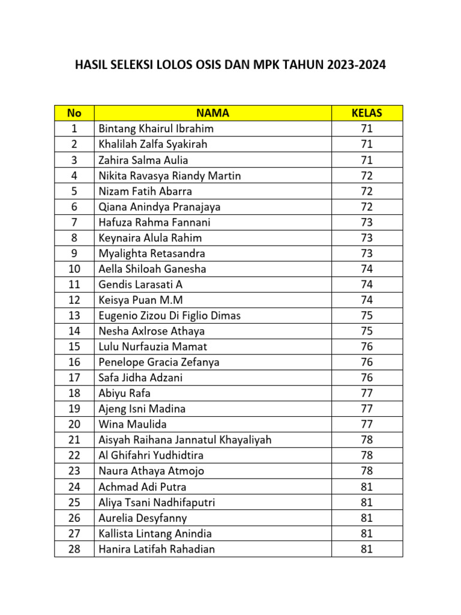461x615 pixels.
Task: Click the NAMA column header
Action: point(212,113)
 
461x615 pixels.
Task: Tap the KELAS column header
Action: point(367,113)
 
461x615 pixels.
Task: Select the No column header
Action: point(74,113)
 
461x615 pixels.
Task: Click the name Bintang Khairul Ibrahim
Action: point(156,129)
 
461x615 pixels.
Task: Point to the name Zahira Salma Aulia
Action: point(143,160)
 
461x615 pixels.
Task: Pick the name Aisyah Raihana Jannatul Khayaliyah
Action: point(185,440)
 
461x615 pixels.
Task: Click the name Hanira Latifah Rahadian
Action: point(157,548)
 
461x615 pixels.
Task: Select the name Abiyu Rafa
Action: point(124,393)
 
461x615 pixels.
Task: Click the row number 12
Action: point(74,300)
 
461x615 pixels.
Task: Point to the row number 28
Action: point(74,548)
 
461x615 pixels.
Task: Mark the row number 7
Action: point(74,222)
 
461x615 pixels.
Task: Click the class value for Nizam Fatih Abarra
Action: point(367,191)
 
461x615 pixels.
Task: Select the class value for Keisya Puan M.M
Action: point(367,300)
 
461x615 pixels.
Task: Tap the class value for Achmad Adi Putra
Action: point(367,486)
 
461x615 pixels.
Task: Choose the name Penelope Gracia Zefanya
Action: point(159,362)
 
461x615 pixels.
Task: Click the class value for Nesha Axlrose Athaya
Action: point(367,331)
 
